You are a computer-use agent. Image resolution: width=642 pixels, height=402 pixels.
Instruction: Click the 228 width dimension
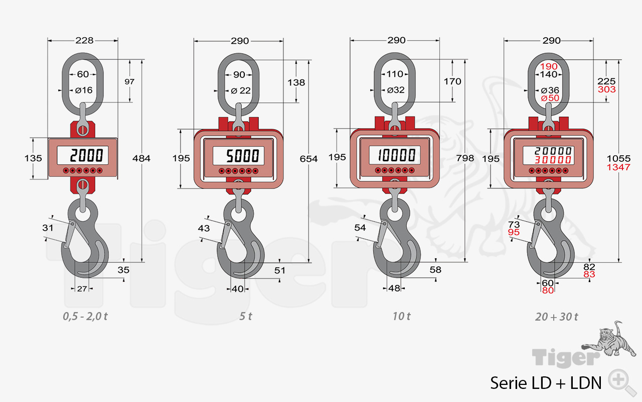pyautogui.click(x=85, y=41)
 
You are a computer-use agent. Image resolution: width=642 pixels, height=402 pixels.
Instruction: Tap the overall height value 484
pyautogui.click(x=141, y=158)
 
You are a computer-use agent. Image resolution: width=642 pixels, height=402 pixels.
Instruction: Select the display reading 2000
pyautogui.click(x=87, y=155)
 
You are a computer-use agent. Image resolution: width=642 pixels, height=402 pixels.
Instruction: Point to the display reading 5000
pyautogui.click(x=243, y=156)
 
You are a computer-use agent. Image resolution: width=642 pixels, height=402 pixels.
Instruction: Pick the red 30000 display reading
pyautogui.click(x=553, y=160)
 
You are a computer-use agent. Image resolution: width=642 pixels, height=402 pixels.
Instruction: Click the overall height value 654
pyautogui.click(x=308, y=159)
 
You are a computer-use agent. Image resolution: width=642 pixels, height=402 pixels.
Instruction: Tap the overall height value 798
pyautogui.click(x=465, y=158)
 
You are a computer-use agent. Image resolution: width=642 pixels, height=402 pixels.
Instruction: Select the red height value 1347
pyautogui.click(x=618, y=167)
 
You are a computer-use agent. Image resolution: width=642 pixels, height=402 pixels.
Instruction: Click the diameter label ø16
pyautogui.click(x=84, y=90)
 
